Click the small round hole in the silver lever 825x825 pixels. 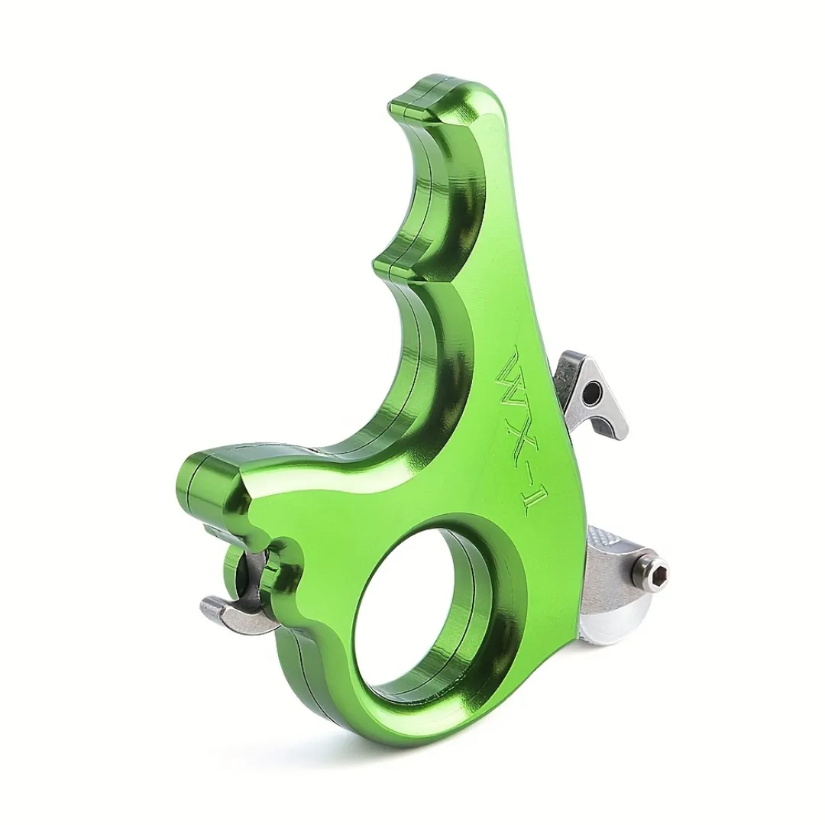[x=593, y=390]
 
